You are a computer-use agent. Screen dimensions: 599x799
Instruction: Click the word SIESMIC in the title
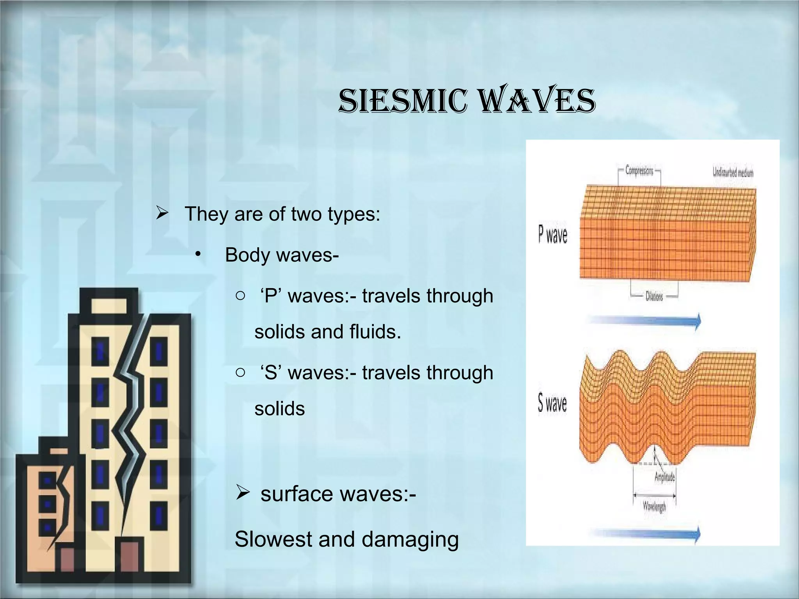403,101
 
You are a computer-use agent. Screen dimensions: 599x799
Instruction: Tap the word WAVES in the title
537,101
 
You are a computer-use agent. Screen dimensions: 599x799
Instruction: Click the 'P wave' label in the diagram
552,235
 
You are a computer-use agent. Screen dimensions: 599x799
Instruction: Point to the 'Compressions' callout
639,170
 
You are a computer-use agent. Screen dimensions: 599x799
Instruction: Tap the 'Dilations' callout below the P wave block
654,297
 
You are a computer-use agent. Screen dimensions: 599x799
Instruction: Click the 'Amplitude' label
664,477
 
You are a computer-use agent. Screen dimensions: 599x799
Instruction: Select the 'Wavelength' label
654,506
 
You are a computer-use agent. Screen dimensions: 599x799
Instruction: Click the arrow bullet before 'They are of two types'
162,213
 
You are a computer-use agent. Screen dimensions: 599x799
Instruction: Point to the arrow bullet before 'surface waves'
242,493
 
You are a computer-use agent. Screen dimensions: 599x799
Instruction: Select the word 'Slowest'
273,539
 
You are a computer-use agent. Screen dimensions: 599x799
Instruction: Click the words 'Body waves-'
282,255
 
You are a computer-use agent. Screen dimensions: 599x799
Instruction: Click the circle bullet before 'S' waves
240,372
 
